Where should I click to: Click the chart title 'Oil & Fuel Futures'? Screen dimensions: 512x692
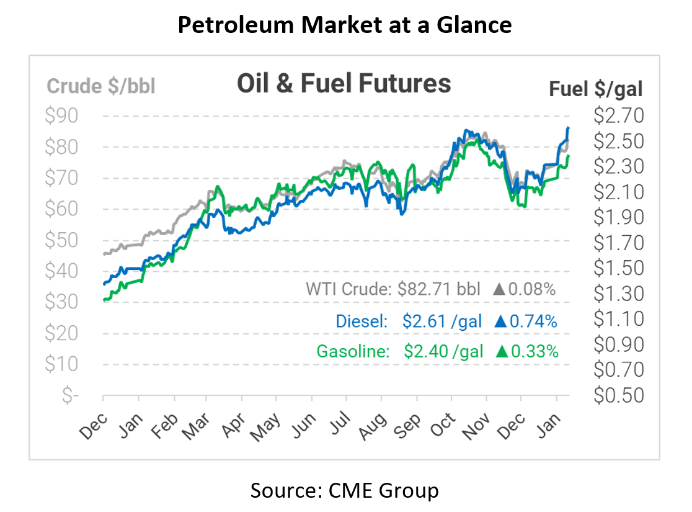click(344, 83)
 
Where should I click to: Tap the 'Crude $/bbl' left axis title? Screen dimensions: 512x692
click(101, 86)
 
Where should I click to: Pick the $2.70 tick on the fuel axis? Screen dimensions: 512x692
click(619, 116)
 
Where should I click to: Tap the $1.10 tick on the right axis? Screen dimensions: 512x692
click(619, 318)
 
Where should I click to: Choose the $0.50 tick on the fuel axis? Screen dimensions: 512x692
click(619, 395)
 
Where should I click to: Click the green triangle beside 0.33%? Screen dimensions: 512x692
click(502, 351)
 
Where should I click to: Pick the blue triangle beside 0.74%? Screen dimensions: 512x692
click(501, 321)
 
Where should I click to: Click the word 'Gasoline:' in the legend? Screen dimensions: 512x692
click(353, 351)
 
